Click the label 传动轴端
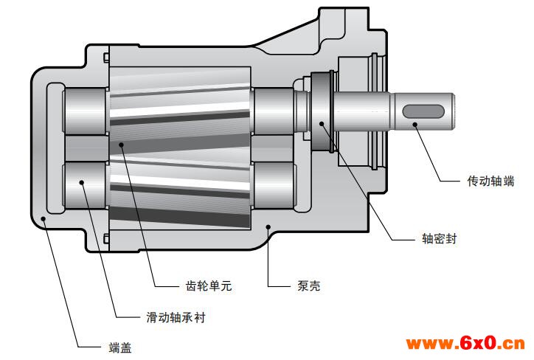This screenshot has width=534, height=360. pyautogui.click(x=490, y=181)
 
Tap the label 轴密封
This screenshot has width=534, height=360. pyautogui.click(x=440, y=238)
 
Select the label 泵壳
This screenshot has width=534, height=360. pyautogui.click(x=309, y=285)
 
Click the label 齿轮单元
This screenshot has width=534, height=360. pyautogui.click(x=209, y=285)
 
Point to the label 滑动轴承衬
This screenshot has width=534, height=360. pyautogui.click(x=176, y=317)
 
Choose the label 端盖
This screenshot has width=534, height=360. pyautogui.click(x=120, y=347)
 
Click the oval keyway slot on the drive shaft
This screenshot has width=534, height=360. pyautogui.click(x=423, y=111)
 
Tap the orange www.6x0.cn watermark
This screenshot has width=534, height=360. pyautogui.click(x=465, y=343)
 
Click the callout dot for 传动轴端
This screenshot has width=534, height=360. pyautogui.click(x=415, y=125)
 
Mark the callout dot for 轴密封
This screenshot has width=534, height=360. pyautogui.click(x=322, y=123)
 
